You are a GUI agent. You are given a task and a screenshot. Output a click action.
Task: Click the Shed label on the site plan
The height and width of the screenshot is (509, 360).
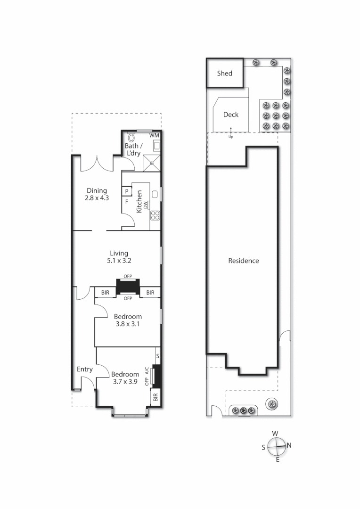point(224,73)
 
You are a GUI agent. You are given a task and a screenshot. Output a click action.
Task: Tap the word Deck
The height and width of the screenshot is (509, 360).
point(231,115)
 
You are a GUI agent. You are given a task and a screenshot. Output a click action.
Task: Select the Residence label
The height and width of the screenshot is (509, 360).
point(244,261)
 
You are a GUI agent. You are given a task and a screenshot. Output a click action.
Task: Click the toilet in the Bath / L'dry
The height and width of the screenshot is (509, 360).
point(131,139)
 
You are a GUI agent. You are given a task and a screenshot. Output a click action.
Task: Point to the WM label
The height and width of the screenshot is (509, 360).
point(154,135)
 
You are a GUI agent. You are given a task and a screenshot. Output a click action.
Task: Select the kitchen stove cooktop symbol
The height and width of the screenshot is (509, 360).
point(155,216)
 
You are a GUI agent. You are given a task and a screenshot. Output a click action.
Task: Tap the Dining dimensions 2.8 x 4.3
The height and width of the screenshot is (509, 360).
point(97,198)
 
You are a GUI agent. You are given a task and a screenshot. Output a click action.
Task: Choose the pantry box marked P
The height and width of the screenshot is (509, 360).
point(127,191)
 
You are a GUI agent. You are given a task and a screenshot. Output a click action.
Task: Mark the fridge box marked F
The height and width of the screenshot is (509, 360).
point(127,202)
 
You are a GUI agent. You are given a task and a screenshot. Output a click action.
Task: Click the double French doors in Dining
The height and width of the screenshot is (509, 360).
point(97,163)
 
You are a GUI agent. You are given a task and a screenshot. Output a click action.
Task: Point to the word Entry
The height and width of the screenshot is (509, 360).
point(85,369)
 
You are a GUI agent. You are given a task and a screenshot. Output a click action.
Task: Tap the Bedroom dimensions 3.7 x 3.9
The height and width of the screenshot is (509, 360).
point(125,382)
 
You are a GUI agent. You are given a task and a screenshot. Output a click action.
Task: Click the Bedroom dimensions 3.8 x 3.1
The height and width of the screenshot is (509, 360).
point(128,324)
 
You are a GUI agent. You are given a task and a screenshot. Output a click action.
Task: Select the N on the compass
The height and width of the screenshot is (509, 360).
point(289,445)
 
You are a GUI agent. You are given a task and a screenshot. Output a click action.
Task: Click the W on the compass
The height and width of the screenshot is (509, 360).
point(275,433)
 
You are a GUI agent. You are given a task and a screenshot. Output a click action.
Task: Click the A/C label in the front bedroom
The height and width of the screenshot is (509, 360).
point(147,370)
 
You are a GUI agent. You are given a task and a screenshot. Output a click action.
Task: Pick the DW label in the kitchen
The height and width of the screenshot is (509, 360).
point(146,205)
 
